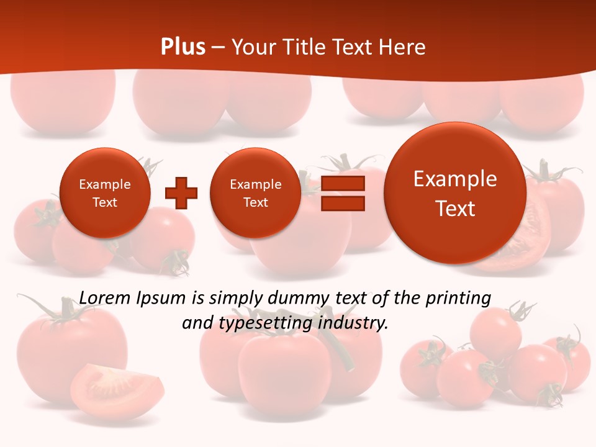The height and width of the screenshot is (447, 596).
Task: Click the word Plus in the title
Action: (183, 47)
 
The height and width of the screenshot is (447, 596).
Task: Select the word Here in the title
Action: (403, 47)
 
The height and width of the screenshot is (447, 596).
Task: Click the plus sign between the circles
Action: (181, 193)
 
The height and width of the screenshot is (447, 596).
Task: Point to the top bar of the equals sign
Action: (343, 183)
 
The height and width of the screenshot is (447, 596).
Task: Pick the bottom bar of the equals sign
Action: (343, 203)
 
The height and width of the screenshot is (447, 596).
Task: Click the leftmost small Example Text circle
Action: (104, 193)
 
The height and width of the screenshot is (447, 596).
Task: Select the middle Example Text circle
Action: (255, 193)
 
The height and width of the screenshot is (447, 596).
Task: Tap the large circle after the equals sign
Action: (455, 193)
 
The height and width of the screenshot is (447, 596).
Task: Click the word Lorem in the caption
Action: (104, 298)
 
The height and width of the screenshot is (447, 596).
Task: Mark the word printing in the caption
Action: (458, 299)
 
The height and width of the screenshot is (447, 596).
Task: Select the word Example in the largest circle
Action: (455, 179)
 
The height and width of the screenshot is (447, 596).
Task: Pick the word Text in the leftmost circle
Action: (104, 202)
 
